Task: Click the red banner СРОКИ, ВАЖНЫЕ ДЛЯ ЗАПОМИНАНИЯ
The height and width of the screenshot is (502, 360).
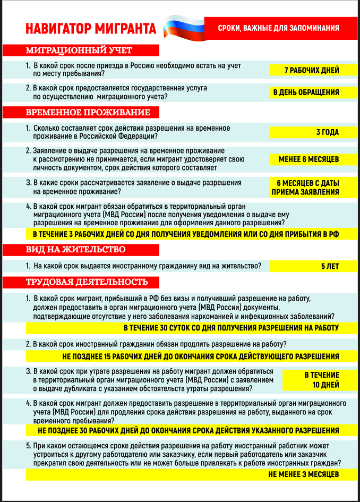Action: tap(278, 28)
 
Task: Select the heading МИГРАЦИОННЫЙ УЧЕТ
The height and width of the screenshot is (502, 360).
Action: tap(80, 50)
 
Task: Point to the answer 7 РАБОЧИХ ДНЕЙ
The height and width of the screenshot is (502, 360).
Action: tap(312, 70)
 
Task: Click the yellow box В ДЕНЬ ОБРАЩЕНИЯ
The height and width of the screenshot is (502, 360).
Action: tap(306, 92)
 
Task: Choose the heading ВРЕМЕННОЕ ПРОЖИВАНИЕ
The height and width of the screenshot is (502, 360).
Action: tap(88, 113)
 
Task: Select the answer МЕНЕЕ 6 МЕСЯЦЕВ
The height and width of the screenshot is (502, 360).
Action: tap(308, 159)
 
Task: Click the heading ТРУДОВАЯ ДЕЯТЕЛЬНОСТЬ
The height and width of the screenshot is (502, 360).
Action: tap(88, 282)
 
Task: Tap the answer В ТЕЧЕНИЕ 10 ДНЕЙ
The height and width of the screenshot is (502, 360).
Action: tap(318, 380)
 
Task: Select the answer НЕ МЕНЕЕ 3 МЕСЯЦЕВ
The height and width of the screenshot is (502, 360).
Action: tap(304, 474)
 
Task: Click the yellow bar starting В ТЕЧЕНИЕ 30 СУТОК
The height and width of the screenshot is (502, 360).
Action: tap(231, 328)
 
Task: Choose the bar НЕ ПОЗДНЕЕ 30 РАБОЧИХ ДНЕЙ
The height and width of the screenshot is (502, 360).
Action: tap(188, 430)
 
